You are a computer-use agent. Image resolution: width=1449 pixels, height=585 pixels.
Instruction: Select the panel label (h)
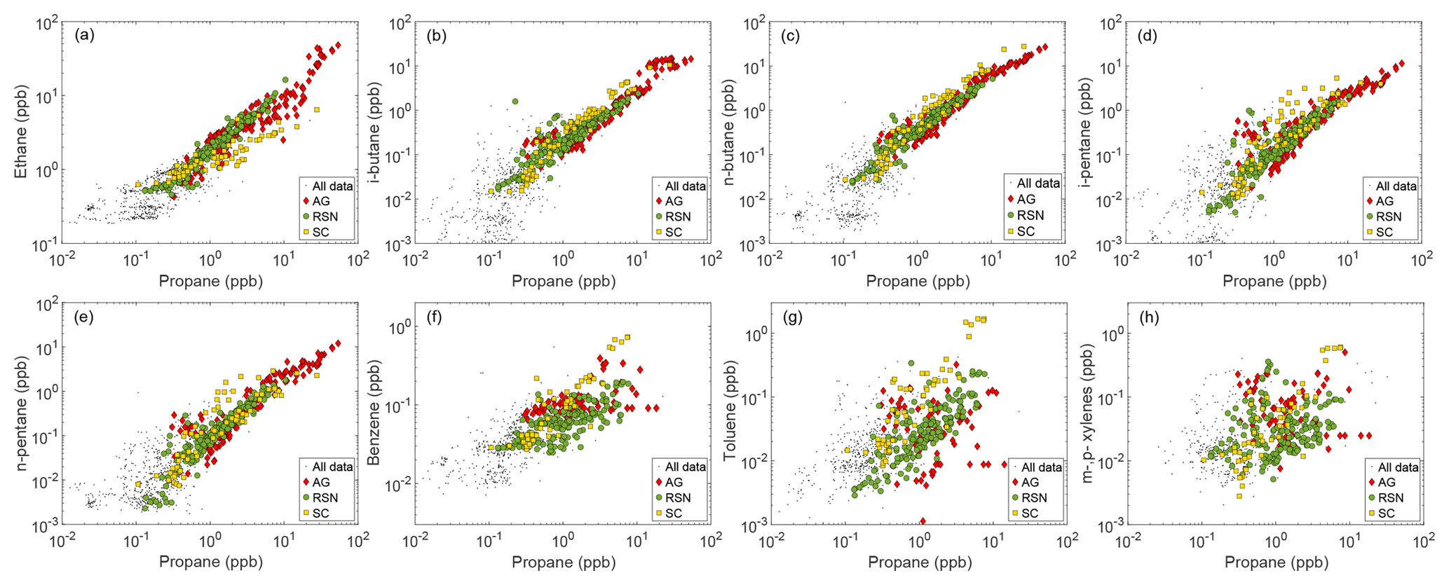pyautogui.click(x=1147, y=317)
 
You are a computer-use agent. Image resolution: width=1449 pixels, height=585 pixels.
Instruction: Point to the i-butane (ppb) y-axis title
pyautogui.click(x=376, y=133)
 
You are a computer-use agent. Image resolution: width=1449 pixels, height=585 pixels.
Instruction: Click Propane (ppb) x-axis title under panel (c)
pyautogui.click(x=918, y=282)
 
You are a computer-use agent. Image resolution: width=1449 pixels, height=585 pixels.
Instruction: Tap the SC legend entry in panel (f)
pyautogui.click(x=673, y=514)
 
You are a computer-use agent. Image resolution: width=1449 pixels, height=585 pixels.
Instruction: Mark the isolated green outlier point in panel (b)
pyautogui.click(x=515, y=102)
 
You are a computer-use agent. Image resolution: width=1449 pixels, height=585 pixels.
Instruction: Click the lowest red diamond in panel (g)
pyautogui.click(x=923, y=521)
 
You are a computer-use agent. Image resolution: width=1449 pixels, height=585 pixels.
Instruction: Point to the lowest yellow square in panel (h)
pyautogui.click(x=1239, y=496)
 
